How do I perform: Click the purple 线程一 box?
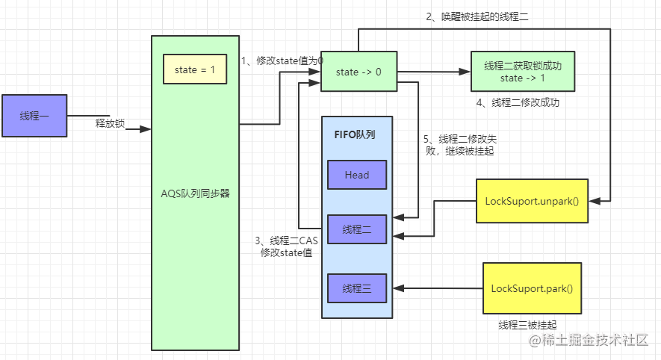tap(34, 116)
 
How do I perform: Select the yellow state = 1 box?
tap(194, 69)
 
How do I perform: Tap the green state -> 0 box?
tap(359, 72)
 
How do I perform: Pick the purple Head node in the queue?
tap(356, 175)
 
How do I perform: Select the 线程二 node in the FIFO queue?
tap(356, 229)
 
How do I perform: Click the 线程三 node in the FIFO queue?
tap(356, 288)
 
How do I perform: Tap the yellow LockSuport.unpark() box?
tap(532, 201)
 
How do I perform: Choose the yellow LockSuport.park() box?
tap(532, 288)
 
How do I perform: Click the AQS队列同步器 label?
tap(195, 193)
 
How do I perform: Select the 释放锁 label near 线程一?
tap(110, 122)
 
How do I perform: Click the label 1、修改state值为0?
tap(282, 60)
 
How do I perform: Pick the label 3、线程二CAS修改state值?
tap(286, 246)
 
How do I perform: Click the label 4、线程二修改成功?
tap(517, 102)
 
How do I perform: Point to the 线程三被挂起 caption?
tap(527, 325)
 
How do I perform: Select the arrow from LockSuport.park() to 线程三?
tap(438, 288)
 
